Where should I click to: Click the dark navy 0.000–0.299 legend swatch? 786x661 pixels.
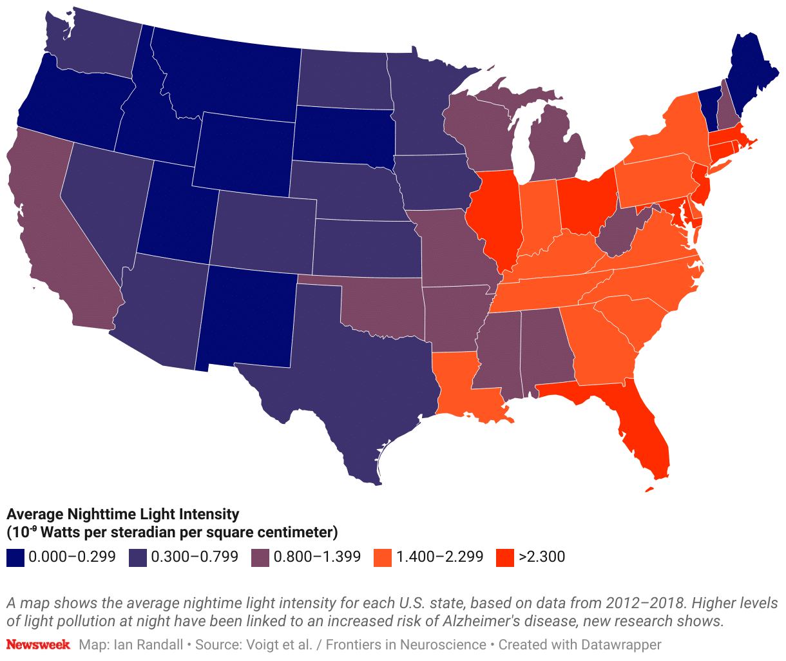coord(15,557)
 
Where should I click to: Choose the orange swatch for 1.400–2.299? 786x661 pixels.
coord(383,557)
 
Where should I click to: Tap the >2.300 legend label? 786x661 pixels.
coord(541,557)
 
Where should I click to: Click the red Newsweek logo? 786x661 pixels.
coord(38,644)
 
